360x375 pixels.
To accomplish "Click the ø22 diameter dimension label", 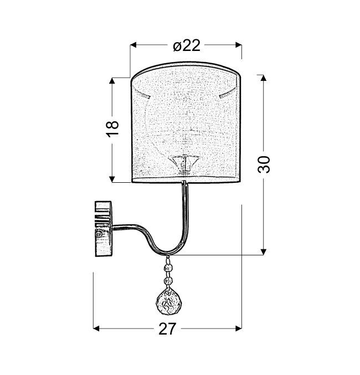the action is (187, 45).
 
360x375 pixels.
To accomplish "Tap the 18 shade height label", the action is (112, 129).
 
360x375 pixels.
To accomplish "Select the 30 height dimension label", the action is (264, 165).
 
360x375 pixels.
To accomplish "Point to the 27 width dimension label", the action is (167, 329).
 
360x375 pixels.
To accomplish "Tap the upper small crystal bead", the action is (168, 267).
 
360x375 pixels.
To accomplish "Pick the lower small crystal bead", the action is (168, 280).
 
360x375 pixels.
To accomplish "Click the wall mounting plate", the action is (104, 229).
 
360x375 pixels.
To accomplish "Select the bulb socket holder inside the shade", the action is (184, 164).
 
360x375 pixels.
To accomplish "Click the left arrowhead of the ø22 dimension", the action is (133, 45).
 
